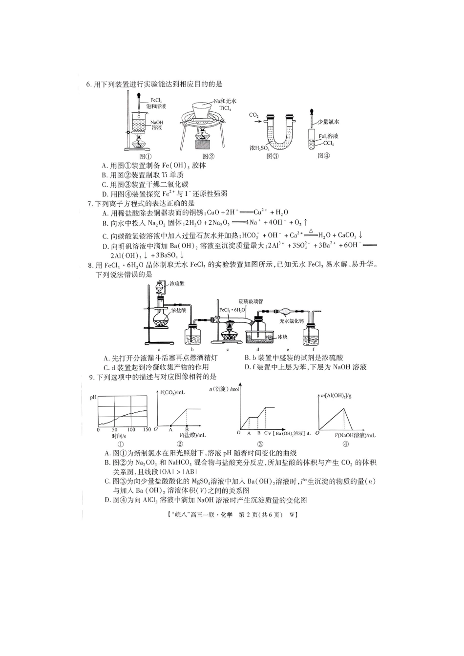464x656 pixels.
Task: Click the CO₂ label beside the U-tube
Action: [x=254, y=115]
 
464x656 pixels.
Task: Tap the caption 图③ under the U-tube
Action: [x=273, y=156]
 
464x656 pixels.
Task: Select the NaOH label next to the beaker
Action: [x=157, y=123]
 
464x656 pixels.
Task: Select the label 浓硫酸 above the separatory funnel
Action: [x=177, y=283]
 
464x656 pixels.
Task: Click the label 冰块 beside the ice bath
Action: [x=282, y=337]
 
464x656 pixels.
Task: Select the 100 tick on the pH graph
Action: [x=131, y=430]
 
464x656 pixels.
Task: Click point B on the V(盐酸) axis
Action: [x=187, y=429]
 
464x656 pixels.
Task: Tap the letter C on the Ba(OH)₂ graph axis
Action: [x=266, y=433]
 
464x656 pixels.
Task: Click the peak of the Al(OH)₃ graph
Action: [x=345, y=408]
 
